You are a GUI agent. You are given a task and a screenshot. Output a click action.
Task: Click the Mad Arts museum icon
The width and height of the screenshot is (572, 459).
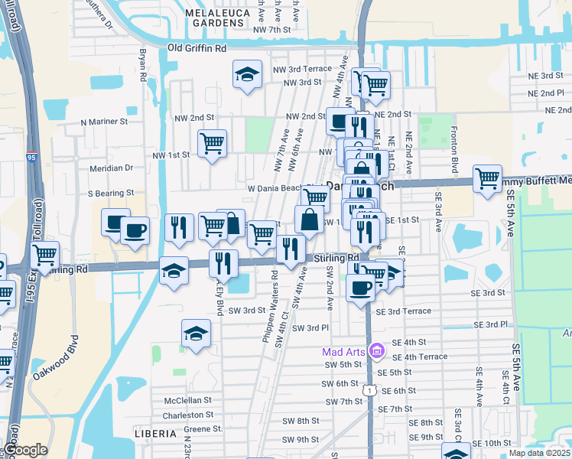pos(375,351)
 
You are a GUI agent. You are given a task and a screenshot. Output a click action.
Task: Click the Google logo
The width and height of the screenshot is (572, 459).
pos(24,451)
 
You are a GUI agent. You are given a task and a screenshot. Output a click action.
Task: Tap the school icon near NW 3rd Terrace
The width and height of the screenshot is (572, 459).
pos(247,74)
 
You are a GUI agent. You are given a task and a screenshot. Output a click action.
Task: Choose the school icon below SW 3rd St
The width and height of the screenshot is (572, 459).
pos(197,334)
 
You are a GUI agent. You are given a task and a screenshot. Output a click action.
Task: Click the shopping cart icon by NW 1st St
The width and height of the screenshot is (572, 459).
pos(212,143)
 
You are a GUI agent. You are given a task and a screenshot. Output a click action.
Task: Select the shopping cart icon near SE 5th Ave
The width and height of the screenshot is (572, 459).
pos(487,179)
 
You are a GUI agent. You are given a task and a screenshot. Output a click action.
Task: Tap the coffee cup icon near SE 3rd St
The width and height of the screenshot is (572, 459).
pos(360,288)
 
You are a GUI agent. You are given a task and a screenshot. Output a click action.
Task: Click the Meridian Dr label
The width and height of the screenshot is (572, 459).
pos(112,168)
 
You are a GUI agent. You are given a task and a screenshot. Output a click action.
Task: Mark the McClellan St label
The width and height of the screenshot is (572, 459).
pos(187,400)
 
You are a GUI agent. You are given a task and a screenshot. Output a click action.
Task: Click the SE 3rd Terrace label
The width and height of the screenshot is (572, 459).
pos(403,311)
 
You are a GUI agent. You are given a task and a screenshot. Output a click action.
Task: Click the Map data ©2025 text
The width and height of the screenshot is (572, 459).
pos(539,453)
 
